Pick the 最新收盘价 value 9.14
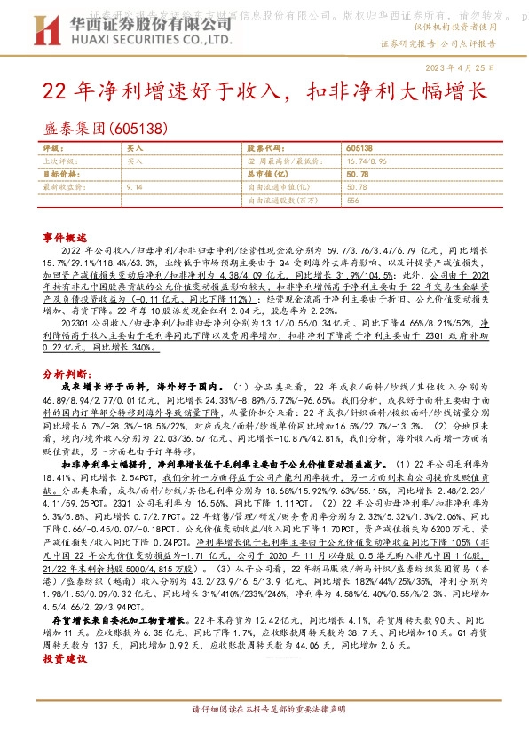135,187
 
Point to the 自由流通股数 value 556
352,201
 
